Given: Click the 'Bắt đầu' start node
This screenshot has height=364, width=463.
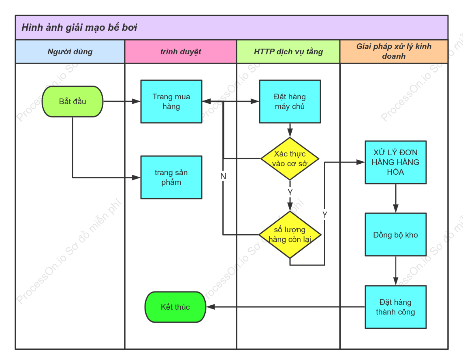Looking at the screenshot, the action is [73, 101].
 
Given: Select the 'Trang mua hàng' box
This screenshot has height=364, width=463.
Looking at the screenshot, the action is [171, 101].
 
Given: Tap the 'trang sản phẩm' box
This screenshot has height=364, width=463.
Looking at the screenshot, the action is [171, 177].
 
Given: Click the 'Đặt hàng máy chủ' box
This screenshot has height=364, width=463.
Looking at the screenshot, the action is [290, 101].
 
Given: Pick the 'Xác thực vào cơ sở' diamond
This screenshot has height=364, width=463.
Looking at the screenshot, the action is [290, 158].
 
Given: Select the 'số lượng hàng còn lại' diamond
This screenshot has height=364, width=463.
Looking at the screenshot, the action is [290, 235].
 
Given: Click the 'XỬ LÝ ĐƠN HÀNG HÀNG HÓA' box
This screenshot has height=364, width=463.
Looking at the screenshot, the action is [396, 162].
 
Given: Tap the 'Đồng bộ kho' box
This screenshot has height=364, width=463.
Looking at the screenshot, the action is [396, 235].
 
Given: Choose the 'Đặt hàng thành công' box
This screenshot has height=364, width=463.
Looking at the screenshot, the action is [396, 307].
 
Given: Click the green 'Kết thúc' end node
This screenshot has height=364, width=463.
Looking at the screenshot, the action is [175, 307].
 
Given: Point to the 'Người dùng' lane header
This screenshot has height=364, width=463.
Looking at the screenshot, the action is [70, 52].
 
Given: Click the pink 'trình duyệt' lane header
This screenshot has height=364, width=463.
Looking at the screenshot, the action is [181, 52].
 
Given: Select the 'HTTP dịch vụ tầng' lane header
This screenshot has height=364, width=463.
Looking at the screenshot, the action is [288, 52].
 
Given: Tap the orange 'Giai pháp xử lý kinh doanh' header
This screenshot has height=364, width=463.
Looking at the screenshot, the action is [394, 51].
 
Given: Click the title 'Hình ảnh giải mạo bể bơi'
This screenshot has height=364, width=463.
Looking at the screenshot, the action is [79, 28].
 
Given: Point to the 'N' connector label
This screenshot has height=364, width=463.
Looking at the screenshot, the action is [223, 176].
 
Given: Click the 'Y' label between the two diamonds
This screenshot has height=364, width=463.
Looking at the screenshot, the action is [290, 193].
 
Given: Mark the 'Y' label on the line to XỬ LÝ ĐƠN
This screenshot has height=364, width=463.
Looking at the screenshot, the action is [325, 215].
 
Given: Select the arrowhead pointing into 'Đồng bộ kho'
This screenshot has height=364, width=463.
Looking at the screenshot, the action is [396, 208].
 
